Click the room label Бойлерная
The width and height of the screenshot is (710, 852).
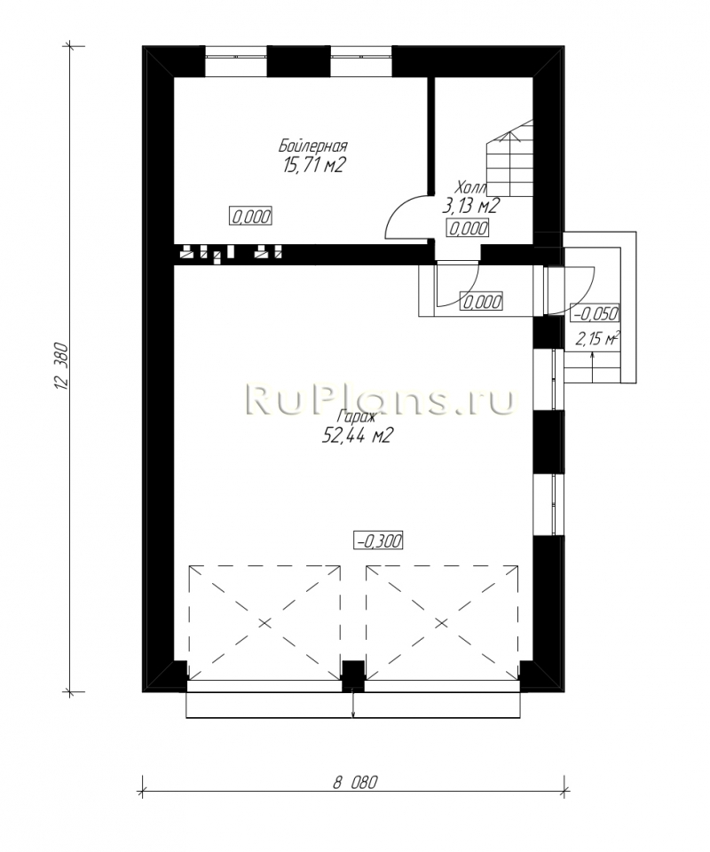click(x=313, y=146)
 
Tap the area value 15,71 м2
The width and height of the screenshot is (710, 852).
click(x=313, y=165)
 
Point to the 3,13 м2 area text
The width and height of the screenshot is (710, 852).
click(x=470, y=206)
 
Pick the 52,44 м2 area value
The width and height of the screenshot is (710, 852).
click(x=357, y=436)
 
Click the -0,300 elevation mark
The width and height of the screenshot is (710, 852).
click(x=378, y=540)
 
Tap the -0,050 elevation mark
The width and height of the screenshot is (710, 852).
click(x=595, y=313)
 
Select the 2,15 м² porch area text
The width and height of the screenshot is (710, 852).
click(x=597, y=340)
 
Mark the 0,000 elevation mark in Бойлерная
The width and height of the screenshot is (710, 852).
click(x=251, y=217)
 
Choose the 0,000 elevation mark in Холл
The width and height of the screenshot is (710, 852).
click(x=467, y=228)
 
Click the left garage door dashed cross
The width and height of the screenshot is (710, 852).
click(x=264, y=622)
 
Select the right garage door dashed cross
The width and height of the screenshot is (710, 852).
click(x=442, y=622)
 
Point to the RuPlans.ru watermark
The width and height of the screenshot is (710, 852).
click(x=380, y=399)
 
